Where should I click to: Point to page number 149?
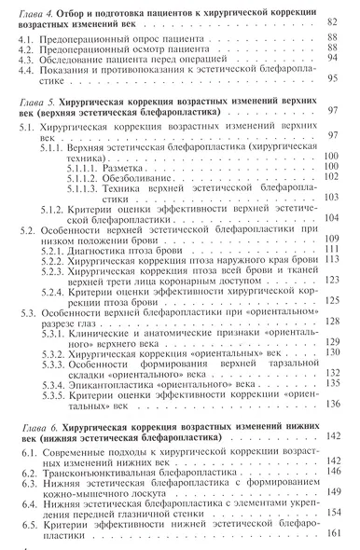340,493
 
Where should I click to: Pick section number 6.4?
28,503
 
